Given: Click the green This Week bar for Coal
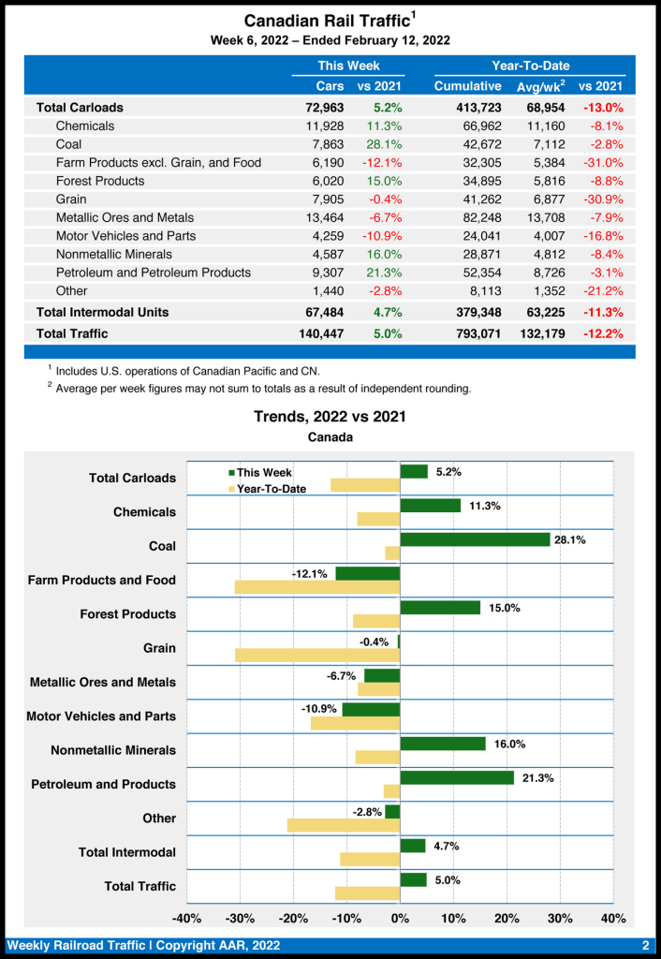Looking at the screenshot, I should (x=474, y=539).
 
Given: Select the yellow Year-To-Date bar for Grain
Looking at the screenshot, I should (x=317, y=656).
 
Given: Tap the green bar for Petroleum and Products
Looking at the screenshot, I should (x=457, y=777).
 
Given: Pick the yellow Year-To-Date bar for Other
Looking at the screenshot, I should (x=343, y=825).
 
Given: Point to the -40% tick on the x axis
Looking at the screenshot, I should (x=187, y=918).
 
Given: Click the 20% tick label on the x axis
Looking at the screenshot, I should (x=507, y=918).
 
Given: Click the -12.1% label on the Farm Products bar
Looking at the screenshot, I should (x=310, y=573).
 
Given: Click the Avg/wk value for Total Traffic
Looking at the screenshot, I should (x=542, y=333).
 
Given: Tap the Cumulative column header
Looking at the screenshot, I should (x=467, y=87).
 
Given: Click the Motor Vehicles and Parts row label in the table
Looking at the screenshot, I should (x=125, y=236).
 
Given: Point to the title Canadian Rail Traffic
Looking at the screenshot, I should (x=328, y=21).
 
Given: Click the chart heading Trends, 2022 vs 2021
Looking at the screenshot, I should (x=330, y=417).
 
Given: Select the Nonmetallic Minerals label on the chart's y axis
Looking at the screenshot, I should (x=112, y=750).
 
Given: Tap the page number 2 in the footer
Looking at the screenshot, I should (x=645, y=945).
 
